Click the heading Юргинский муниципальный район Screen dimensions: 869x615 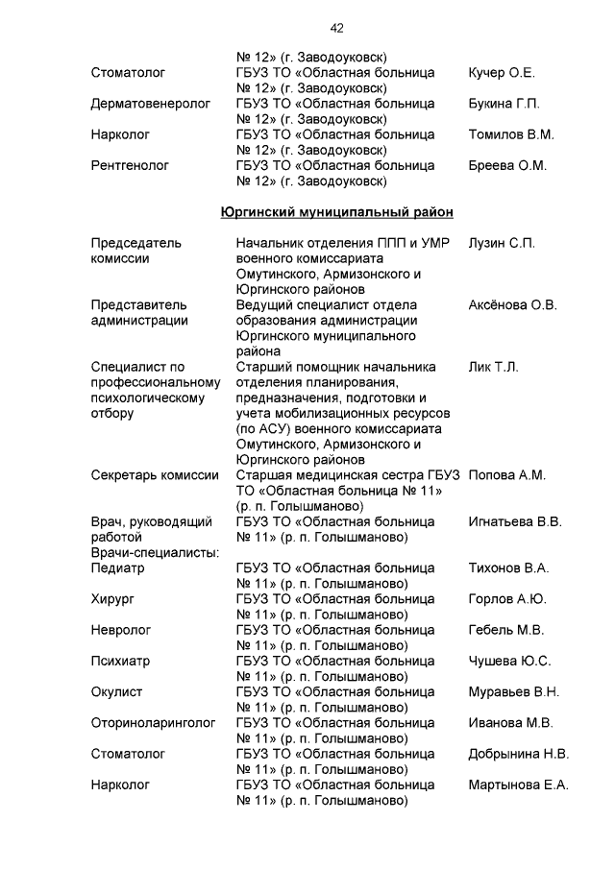[x=336, y=211]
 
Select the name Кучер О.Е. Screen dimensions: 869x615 [x=502, y=73]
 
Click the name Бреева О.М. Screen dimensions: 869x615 [x=506, y=165]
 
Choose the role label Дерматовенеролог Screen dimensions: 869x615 [x=151, y=104]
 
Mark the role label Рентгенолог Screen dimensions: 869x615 [x=130, y=165]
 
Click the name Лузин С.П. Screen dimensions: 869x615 [x=502, y=243]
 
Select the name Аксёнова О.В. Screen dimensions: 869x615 [x=512, y=305]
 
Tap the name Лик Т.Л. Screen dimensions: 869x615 [x=493, y=367]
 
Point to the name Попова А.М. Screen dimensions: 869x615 [x=506, y=475]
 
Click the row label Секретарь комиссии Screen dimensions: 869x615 [x=155, y=475]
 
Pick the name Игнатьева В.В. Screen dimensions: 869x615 [x=514, y=521]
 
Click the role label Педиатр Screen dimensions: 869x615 [x=117, y=568]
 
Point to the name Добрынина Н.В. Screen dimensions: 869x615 [x=518, y=754]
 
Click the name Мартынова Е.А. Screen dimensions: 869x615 [x=518, y=785]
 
